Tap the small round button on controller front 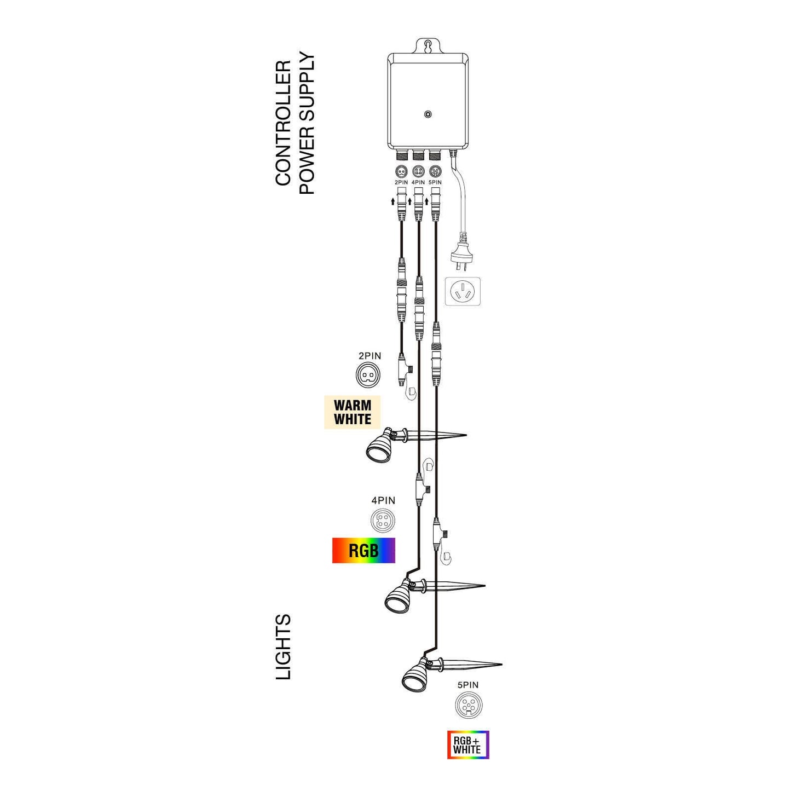(x=428, y=114)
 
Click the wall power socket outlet (x=463, y=291)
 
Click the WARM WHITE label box (x=352, y=412)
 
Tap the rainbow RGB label (x=363, y=551)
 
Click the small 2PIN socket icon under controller (x=401, y=170)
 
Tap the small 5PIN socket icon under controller (x=435, y=170)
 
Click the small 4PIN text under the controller (x=418, y=182)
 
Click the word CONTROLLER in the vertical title (x=283, y=123)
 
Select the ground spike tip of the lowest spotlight (x=501, y=665)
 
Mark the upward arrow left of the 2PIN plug (x=393, y=201)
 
